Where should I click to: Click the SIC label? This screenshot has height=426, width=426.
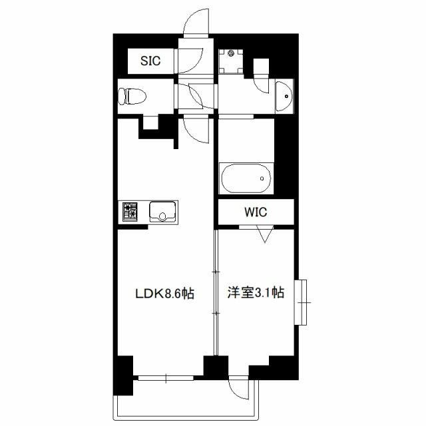click(x=150, y=61)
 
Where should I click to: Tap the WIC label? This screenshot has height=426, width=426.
click(x=256, y=212)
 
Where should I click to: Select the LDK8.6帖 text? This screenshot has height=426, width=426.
click(x=165, y=294)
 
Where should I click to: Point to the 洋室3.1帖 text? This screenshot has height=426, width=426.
click(x=256, y=293)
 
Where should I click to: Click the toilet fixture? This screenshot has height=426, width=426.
click(x=132, y=96)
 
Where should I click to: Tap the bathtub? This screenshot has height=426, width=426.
click(x=246, y=178)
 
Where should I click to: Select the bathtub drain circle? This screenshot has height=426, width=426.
click(x=262, y=178)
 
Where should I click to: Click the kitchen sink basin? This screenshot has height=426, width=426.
click(x=162, y=212)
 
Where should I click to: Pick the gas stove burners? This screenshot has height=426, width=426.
click(x=130, y=212)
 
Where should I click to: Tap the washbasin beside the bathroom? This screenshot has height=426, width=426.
click(x=284, y=96)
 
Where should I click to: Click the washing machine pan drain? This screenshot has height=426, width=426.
click(x=231, y=53)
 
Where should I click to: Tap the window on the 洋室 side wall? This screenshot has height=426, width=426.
click(x=301, y=302)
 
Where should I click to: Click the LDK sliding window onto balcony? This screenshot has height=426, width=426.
click(x=166, y=378)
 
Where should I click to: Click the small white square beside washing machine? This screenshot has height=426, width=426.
click(x=261, y=67)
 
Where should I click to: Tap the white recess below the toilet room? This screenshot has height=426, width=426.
click(x=150, y=122)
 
